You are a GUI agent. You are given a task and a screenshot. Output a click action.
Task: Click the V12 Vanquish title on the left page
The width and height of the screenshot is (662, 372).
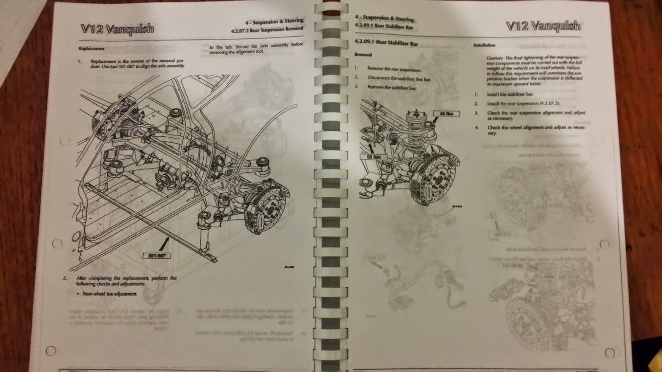point(117,28)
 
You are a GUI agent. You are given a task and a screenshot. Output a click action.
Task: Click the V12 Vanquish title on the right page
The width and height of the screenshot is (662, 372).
point(543,25)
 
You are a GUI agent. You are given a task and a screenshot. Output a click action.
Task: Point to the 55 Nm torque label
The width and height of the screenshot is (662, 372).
point(373,157)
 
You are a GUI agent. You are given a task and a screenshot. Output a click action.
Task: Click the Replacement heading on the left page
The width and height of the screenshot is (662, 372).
point(92,49)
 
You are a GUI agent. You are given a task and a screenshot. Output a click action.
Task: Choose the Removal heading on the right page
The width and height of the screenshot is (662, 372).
point(363,55)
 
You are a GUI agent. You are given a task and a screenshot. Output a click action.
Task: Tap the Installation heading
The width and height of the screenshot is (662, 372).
point(485,45)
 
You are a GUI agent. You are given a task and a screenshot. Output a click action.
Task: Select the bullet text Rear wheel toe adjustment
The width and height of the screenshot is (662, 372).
point(110,294)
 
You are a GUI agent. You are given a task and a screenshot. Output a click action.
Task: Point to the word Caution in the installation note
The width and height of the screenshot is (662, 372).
point(495,57)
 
